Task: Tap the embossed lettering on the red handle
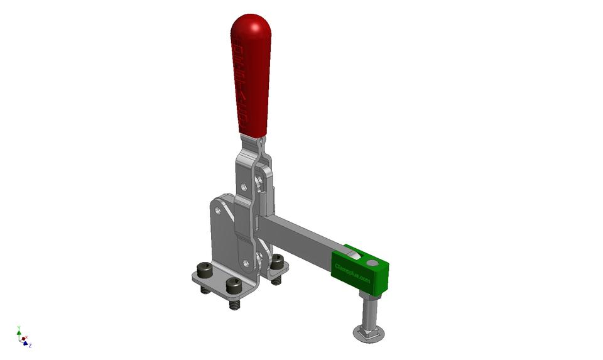pyautogui.click(x=240, y=82)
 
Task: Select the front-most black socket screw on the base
pyautogui.click(x=233, y=286)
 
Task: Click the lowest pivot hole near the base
pyautogui.click(x=246, y=263)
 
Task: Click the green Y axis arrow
pyautogui.click(x=19, y=331)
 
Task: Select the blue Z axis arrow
pyautogui.click(x=25, y=343)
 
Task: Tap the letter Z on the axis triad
pyautogui.click(x=30, y=345)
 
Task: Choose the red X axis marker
pyautogui.click(x=23, y=339)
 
